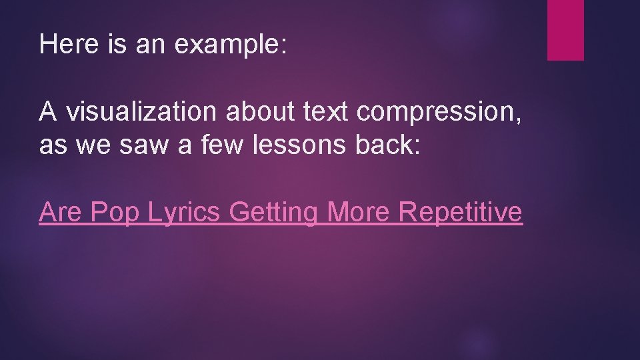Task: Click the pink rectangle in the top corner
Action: point(565,30)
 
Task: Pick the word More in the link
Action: point(360,212)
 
